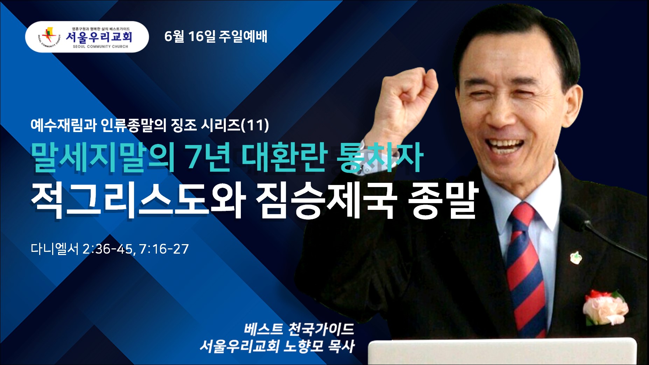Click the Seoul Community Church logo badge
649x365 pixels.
pos(87,37)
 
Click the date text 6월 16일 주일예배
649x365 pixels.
pos(216,36)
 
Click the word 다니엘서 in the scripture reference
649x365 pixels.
pos(55,249)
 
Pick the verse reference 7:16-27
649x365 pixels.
pos(164,249)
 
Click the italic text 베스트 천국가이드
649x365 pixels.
pos(299,329)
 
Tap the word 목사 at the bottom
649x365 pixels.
pos(341,346)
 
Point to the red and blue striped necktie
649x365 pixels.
pos(527,266)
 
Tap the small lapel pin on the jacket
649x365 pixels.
pos(575,257)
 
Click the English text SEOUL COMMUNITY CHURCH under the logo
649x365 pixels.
pos(100,46)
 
